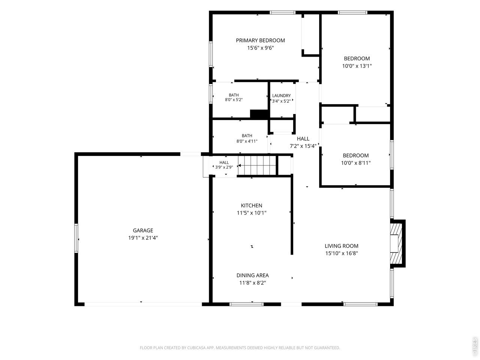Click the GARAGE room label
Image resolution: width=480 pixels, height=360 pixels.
pyautogui.click(x=143, y=230)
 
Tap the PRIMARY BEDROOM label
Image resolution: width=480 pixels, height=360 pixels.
pyautogui.click(x=260, y=40)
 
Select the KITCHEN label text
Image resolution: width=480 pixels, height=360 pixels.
pyautogui.click(x=252, y=205)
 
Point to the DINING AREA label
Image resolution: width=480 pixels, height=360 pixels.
pyautogui.click(x=253, y=275)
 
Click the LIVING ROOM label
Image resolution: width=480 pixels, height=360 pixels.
pyautogui.click(x=341, y=246)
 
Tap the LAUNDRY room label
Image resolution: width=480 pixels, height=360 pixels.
pyautogui.click(x=282, y=96)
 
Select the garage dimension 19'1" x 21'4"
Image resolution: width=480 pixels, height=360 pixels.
pyautogui.click(x=143, y=238)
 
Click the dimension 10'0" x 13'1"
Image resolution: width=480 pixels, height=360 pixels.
pyautogui.click(x=357, y=66)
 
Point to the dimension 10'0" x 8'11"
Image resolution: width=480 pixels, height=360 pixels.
pyautogui.click(x=356, y=163)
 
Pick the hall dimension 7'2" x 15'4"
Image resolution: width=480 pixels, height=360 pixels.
pyautogui.click(x=303, y=146)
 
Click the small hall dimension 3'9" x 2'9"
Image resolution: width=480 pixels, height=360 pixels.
pyautogui.click(x=224, y=167)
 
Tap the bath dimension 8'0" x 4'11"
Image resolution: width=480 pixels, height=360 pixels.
pyautogui.click(x=247, y=141)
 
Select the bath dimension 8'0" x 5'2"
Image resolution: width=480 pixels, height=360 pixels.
pyautogui.click(x=234, y=100)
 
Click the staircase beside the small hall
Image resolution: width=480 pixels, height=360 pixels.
pyautogui.click(x=257, y=165)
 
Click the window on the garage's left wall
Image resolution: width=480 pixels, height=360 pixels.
pyautogui.click(x=76, y=238)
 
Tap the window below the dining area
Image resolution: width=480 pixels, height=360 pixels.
pyautogui.click(x=246, y=304)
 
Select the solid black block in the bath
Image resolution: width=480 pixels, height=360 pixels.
pyautogui.click(x=259, y=114)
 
